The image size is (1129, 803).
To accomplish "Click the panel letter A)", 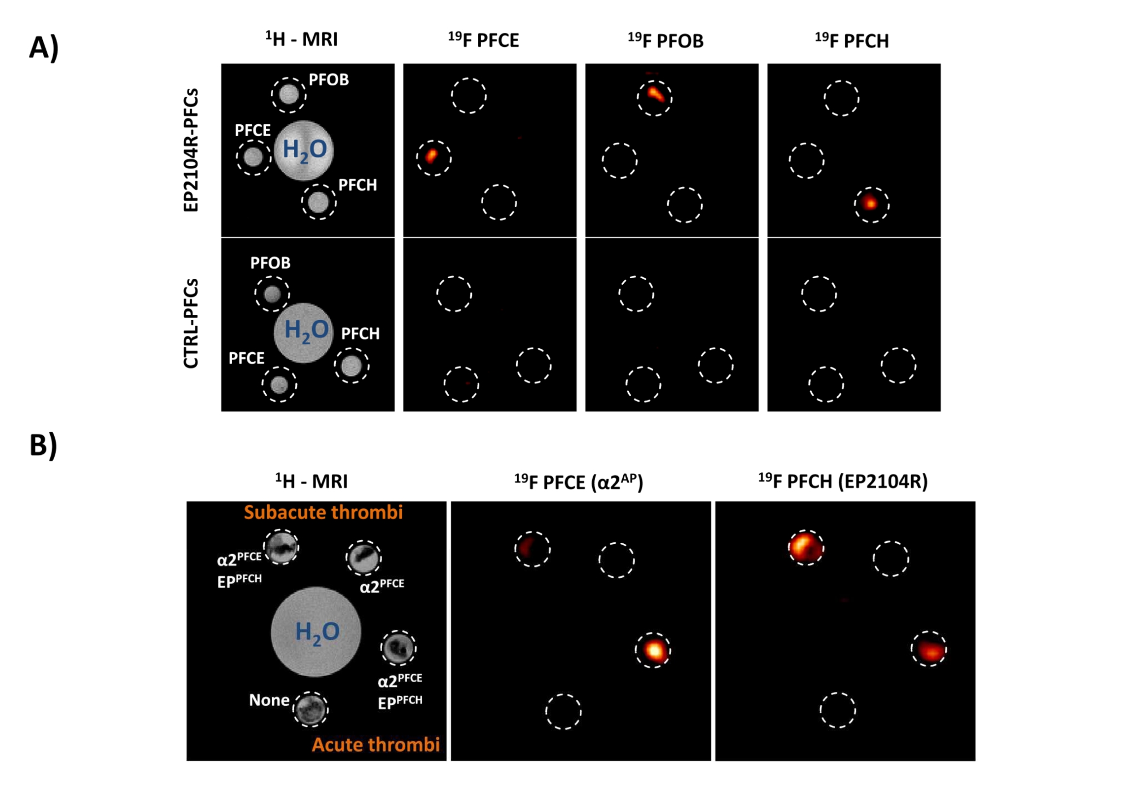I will pos(43,47).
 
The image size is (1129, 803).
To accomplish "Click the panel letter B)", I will pos(43,445).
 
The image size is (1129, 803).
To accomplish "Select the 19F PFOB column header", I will pos(666,40).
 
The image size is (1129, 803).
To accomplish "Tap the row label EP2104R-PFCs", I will pos(191,150).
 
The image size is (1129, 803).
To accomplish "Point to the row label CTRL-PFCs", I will pos(191,323).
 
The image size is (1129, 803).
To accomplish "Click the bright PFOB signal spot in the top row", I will pos(655,94).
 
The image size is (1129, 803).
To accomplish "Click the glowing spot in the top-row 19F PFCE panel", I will pos(431,155).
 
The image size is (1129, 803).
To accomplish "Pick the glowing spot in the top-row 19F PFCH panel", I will pos(870,203).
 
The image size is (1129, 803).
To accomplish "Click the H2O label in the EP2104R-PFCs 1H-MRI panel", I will pos(304,150).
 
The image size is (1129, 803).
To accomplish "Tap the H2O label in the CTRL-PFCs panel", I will pos(306,330).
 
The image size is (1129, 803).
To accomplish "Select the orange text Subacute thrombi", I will pos(323,512).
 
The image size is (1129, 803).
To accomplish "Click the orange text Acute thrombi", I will pos(375,745).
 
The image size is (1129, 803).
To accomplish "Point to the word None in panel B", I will pos(269,700).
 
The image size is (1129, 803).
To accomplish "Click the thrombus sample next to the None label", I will pos(310,709).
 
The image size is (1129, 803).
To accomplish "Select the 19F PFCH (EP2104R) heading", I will pos(843,481).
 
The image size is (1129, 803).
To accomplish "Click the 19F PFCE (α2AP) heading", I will pos(578,482).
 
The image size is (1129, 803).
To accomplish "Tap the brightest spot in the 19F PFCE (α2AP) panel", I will pos(654,650).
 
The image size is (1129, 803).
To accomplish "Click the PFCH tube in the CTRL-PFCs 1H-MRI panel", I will pos(351,366).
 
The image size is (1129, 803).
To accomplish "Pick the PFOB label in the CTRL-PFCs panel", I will pos(270,263).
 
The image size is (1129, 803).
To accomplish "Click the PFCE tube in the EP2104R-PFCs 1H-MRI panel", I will pos(253,157).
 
